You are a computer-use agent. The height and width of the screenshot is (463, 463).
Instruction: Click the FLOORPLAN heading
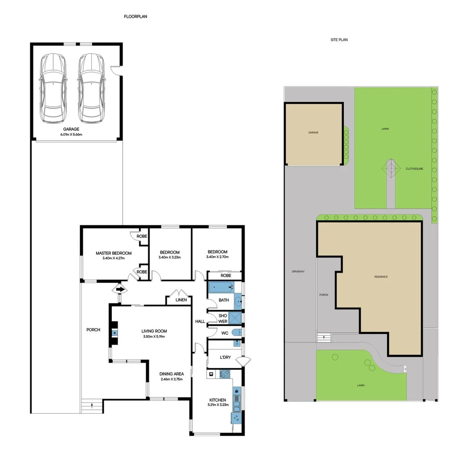click(135, 16)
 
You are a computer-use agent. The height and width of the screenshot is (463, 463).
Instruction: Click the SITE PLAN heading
click(339, 40)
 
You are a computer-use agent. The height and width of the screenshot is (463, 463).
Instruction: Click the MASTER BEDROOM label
click(114, 253)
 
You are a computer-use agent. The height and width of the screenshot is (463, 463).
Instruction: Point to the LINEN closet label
click(181, 300)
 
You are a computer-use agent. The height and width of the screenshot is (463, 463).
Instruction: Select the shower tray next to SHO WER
click(235, 318)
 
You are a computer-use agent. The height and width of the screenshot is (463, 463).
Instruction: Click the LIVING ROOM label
click(154, 331)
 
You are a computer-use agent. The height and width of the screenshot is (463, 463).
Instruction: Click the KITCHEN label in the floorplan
click(217, 400)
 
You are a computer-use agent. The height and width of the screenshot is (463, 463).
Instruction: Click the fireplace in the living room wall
click(114, 333)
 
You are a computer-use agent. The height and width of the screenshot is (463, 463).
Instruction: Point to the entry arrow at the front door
click(120, 290)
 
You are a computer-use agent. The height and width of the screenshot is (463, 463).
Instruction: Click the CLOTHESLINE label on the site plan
click(414, 169)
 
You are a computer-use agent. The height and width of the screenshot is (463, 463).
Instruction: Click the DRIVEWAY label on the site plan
click(298, 271)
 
